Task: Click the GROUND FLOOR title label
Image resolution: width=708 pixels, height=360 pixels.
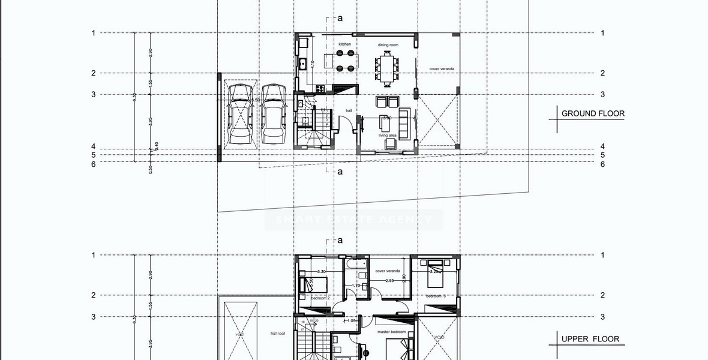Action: pyautogui.click(x=592, y=113)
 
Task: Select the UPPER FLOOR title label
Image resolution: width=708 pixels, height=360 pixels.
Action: pyautogui.click(x=590, y=339)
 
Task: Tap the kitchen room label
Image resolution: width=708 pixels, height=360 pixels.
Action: pyautogui.click(x=344, y=44)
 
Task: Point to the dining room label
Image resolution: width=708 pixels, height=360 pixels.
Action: pyautogui.click(x=388, y=45)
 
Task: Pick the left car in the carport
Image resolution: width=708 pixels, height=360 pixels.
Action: pyautogui.click(x=240, y=113)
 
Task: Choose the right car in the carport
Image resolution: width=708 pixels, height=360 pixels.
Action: pyautogui.click(x=272, y=113)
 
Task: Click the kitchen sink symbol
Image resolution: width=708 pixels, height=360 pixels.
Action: pyautogui.click(x=302, y=64)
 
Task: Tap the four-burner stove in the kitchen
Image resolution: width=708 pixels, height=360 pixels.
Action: pyautogui.click(x=320, y=89)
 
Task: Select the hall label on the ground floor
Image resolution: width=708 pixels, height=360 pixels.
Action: pyautogui.click(x=349, y=110)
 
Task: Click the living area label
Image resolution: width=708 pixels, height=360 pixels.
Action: pyautogui.click(x=387, y=136)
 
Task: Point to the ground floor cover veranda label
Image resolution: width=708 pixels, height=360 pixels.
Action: pyautogui.click(x=441, y=69)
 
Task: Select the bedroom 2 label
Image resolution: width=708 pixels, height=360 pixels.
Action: pyautogui.click(x=320, y=297)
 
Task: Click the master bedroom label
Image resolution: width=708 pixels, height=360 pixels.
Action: pyautogui.click(x=391, y=332)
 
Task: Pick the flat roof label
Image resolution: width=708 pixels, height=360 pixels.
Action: pyautogui.click(x=277, y=333)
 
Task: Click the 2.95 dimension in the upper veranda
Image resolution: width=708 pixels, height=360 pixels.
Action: pyautogui.click(x=389, y=280)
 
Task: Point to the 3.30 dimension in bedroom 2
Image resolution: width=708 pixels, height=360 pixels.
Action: pyautogui.click(x=321, y=271)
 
